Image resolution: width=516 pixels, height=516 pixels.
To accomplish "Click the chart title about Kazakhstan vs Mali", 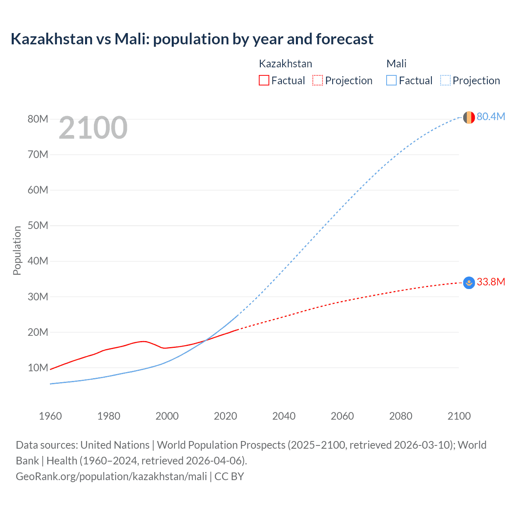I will coord(192,39).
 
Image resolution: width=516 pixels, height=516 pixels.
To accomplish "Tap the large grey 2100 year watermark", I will coord(93,128).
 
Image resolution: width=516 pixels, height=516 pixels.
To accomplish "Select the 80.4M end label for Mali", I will coord(491,117).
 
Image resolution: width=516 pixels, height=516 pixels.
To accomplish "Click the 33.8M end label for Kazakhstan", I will coord(491,282).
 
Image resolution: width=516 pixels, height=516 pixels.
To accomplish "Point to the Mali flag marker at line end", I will coord(468,117).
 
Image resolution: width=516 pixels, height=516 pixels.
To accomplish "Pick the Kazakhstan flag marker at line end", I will coord(468,283).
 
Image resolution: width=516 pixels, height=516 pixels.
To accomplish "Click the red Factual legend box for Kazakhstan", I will coord(264,80).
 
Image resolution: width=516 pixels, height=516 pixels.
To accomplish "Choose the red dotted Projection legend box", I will coord(318,80).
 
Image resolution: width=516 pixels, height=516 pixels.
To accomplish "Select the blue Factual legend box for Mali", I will coord(391,80).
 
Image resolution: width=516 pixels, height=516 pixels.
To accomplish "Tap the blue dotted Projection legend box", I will coord(445,80).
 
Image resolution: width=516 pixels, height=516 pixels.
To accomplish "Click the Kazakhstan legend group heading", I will coord(285,64).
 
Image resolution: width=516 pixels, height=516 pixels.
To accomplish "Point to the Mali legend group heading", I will coord(396,64).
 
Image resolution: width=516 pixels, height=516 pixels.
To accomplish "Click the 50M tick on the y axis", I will coord(38,225).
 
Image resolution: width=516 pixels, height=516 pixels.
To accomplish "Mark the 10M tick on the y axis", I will coord(38,368).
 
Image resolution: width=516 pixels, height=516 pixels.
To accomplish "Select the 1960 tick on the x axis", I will coord(50,416).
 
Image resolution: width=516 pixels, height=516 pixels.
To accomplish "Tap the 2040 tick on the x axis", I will coord(284,416).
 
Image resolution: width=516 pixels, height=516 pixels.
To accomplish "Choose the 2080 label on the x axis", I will coord(401,416).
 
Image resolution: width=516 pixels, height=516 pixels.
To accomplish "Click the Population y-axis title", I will coord(17,250).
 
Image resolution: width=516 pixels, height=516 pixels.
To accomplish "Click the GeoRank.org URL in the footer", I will coord(111,476).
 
